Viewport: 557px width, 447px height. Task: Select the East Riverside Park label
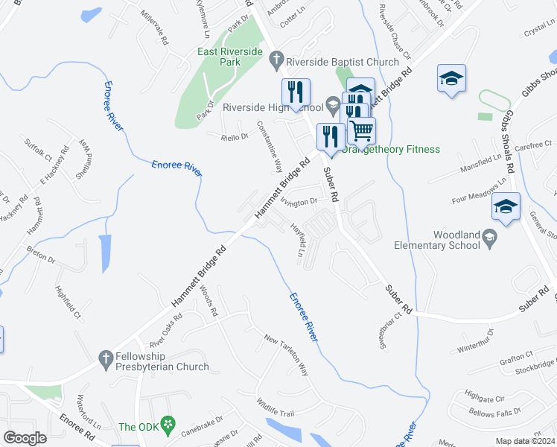click(230, 57)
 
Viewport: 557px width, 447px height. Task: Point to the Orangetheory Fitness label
click(392, 149)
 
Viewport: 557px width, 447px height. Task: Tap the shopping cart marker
click(362, 130)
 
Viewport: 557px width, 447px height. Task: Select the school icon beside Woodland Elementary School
click(489, 238)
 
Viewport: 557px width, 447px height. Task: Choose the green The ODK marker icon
click(168, 426)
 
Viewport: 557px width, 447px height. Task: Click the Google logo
click(25, 438)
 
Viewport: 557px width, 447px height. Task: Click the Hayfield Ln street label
click(299, 241)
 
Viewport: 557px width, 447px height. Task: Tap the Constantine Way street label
click(268, 146)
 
